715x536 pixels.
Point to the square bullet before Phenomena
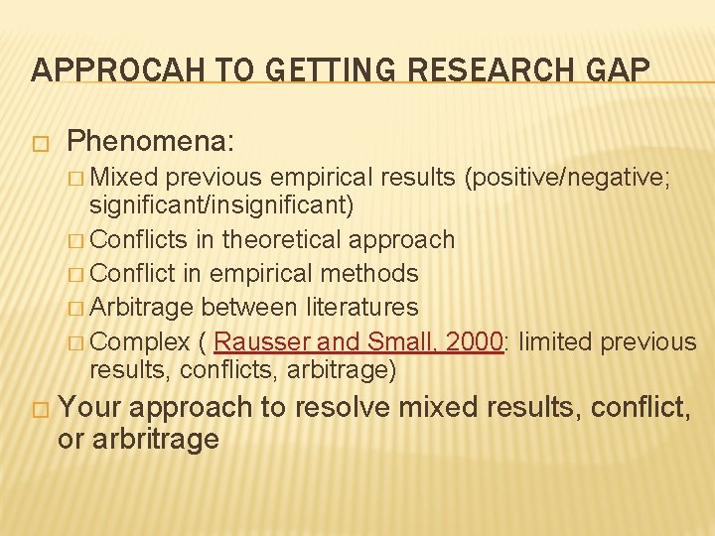click(x=40, y=143)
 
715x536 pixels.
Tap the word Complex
click(x=145, y=341)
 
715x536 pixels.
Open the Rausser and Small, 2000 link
click(x=358, y=341)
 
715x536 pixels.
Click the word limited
click(x=556, y=341)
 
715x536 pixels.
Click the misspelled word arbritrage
click(x=154, y=439)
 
